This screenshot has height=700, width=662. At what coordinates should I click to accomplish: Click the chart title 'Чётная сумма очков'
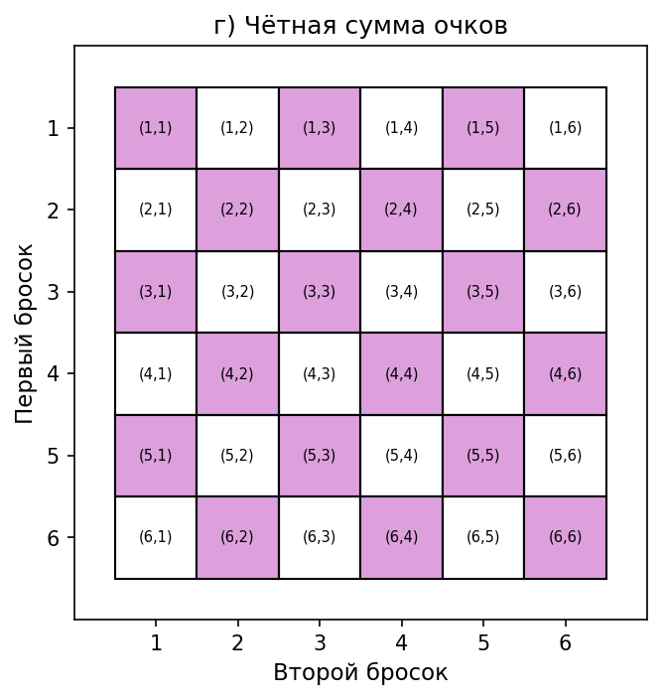360,27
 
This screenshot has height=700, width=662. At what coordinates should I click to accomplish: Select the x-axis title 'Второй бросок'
360,673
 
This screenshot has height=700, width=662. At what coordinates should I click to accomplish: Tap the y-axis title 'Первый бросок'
26,333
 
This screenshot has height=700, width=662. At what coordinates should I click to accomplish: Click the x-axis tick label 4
401,643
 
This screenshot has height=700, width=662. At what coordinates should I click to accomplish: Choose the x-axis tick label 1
156,643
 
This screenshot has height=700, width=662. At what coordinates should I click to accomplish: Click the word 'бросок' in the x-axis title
407,673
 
